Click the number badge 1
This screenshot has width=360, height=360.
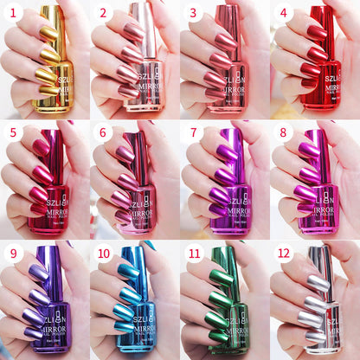click(13, 12)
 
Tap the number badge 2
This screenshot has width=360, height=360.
click(103, 12)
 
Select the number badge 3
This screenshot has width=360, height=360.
click(193, 12)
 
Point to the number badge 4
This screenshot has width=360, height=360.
click(283, 12)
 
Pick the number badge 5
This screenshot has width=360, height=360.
click(13, 132)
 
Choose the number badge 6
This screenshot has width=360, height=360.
click(103, 132)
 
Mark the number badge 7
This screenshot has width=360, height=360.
click(193, 132)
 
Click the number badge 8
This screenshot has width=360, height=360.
click(283, 132)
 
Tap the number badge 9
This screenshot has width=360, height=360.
click(13, 253)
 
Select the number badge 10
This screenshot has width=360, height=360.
click(105, 253)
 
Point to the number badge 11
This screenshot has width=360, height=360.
click(195, 253)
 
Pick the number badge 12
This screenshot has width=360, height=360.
click(285, 253)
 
